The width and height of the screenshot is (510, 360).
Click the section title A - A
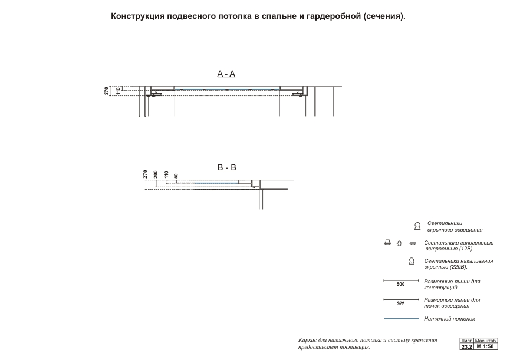pos(226,74)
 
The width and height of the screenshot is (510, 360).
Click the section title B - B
pos(227,167)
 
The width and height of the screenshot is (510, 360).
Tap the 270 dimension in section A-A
pos(107,91)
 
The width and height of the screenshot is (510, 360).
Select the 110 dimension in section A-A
pos(118,91)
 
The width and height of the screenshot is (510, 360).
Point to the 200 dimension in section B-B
pos(156,174)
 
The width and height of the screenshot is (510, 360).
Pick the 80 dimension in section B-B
pos(176,176)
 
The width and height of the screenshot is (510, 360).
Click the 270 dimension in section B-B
pos(145,174)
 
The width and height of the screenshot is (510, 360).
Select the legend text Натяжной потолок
pos(449,319)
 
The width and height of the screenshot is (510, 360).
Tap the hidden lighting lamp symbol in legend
pos(417,226)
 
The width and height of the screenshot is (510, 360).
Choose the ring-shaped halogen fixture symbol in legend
pos(399,243)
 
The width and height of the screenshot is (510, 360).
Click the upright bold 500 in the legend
pos(400,285)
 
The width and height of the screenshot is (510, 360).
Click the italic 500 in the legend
pos(400,303)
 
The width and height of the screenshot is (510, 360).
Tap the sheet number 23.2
pos(466,347)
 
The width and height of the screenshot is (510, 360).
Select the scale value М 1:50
pos(486,347)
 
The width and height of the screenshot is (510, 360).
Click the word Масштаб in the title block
pos(486,341)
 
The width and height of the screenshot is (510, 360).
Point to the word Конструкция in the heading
pos(137,16)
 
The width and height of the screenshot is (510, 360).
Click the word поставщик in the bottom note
pos(353,347)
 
